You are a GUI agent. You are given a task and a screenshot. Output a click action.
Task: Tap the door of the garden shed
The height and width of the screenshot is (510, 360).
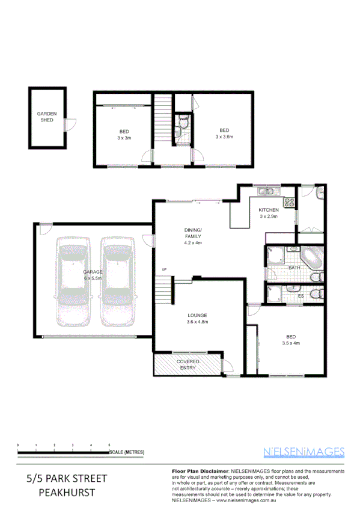click(70, 125)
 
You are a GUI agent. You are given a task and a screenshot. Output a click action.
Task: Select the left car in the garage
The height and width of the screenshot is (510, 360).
click(73, 280)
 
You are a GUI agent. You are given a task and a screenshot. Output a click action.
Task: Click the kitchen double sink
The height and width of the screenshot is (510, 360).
click(265, 192)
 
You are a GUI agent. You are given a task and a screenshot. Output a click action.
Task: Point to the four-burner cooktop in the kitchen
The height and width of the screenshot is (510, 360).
click(288, 202)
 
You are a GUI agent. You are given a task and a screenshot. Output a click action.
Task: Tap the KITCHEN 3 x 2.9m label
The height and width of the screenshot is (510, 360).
click(268, 212)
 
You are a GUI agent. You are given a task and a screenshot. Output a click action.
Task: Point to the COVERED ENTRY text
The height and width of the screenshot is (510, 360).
click(188, 364)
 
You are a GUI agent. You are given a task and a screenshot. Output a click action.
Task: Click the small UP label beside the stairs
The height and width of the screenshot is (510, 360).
click(163, 268)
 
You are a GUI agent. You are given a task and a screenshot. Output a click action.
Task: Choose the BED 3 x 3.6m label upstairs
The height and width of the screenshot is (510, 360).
click(224, 134)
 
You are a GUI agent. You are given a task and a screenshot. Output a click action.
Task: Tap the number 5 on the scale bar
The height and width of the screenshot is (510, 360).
click(109, 444)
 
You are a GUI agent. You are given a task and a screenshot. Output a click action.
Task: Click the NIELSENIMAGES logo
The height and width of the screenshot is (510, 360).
click(304, 451)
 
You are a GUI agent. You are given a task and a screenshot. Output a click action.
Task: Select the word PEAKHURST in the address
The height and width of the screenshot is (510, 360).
click(66, 492)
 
